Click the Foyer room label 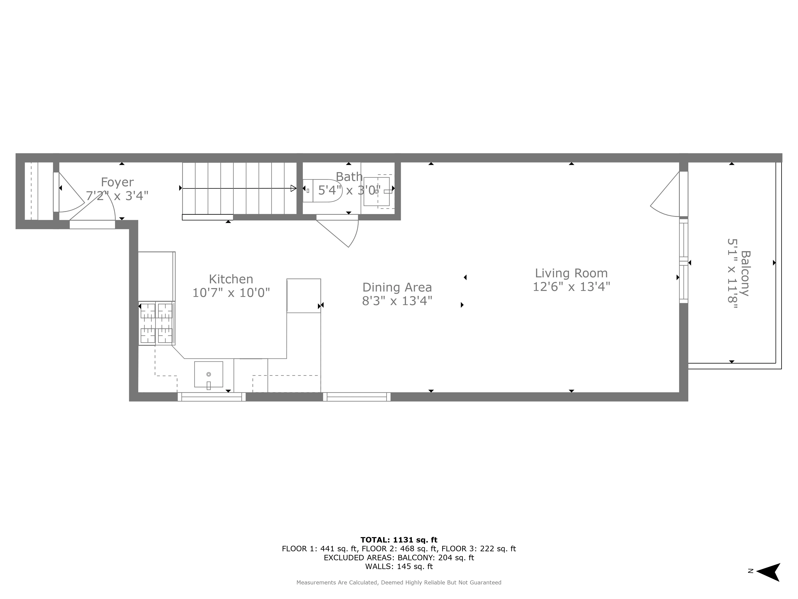[117, 182]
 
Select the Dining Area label [397, 287]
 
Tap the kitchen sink [208, 374]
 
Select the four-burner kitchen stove [156, 323]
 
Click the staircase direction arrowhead [293, 188]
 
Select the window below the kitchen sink [211, 397]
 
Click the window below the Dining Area [357, 397]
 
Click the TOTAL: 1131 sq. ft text [399, 540]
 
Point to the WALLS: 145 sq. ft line [399, 566]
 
